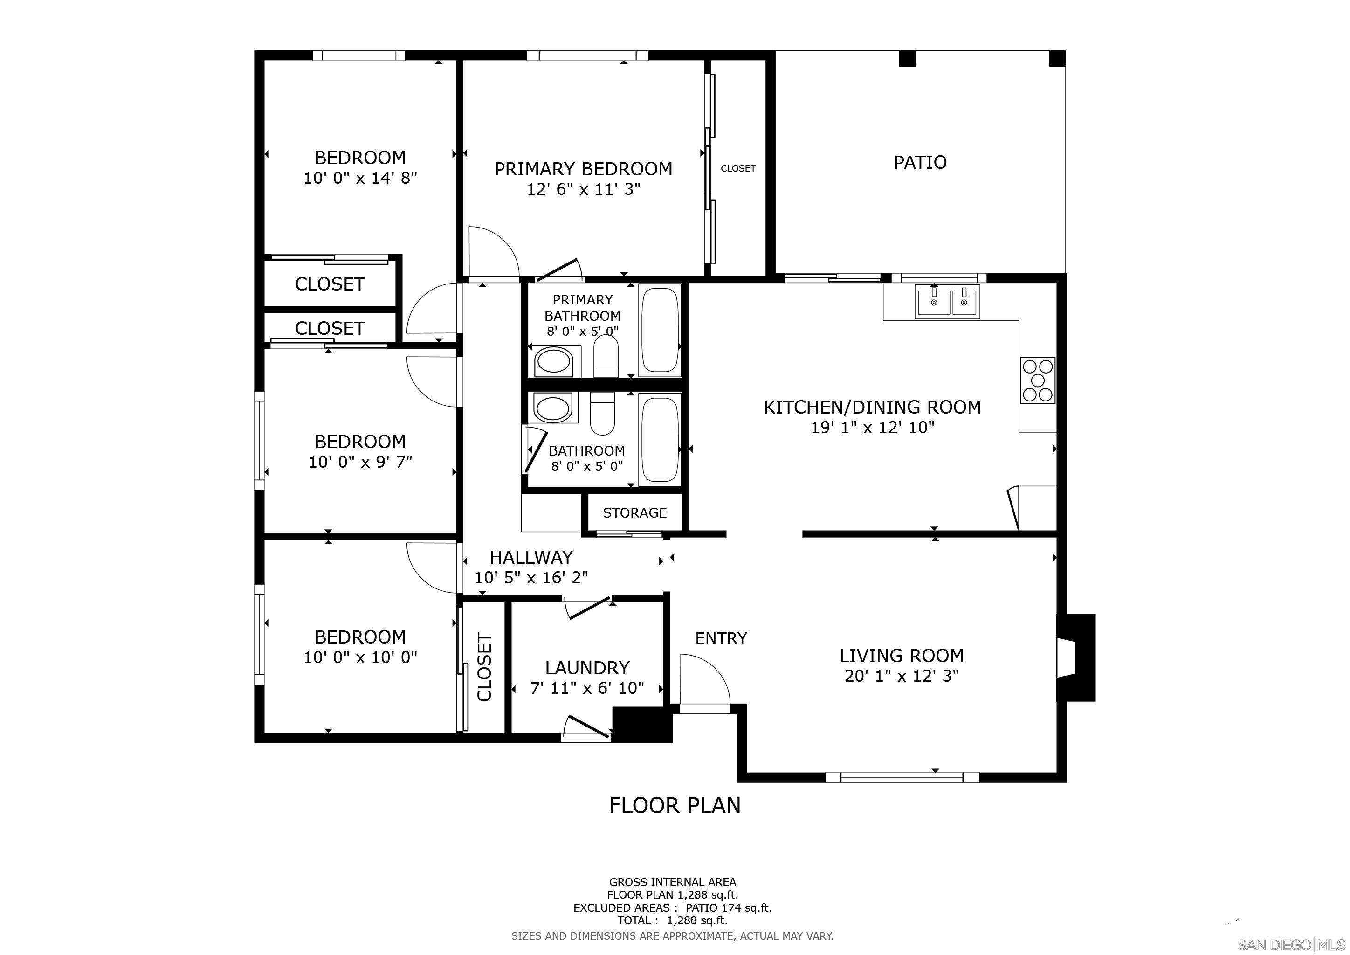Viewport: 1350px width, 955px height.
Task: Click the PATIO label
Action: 920,162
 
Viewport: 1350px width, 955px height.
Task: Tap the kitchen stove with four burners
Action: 1037,380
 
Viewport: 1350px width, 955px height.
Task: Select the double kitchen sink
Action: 947,302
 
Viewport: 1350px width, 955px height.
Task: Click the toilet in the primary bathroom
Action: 606,356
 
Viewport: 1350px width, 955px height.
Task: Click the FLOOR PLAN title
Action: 675,805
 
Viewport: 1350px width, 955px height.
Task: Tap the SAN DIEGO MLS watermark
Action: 1291,944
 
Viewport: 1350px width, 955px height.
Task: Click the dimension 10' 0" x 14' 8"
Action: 360,178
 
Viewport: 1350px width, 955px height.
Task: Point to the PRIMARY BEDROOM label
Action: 583,169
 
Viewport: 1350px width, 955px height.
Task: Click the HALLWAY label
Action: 531,557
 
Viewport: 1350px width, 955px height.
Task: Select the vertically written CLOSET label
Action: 484,667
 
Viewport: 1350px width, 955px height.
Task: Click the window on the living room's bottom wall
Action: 902,777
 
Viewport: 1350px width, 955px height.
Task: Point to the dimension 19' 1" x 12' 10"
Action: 872,428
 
